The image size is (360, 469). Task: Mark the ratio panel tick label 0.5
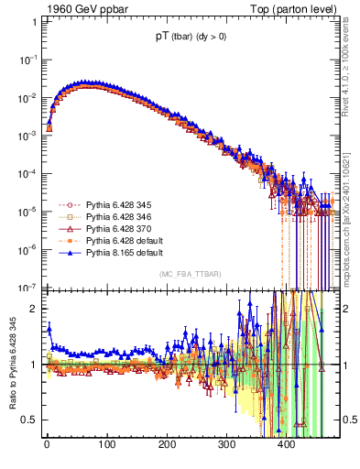click(x=30, y=420)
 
